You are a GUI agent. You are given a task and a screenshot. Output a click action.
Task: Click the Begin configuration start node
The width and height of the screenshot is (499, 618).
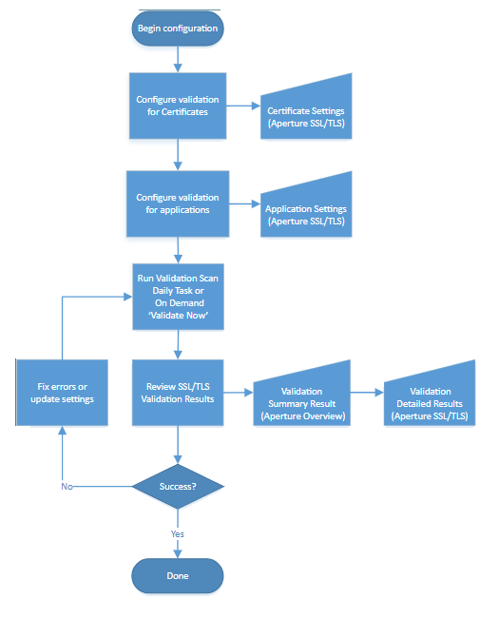click(177, 29)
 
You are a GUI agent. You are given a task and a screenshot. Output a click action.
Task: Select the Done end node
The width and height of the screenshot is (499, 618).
click(177, 575)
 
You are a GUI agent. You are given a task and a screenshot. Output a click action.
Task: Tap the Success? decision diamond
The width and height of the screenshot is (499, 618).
click(177, 486)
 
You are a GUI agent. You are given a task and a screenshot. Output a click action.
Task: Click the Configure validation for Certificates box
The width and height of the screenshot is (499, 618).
click(177, 105)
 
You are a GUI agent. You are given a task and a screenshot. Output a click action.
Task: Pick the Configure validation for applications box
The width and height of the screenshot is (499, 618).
click(177, 203)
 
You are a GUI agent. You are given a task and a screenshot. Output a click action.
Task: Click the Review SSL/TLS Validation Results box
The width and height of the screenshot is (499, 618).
click(177, 392)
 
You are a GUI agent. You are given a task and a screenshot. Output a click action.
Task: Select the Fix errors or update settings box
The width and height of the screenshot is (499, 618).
click(62, 392)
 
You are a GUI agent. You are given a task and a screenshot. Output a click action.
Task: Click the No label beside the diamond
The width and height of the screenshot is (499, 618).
click(67, 486)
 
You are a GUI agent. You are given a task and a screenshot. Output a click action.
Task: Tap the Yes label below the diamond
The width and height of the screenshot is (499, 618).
click(177, 533)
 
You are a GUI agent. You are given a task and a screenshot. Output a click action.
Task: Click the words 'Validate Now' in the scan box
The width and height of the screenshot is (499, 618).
click(177, 314)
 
